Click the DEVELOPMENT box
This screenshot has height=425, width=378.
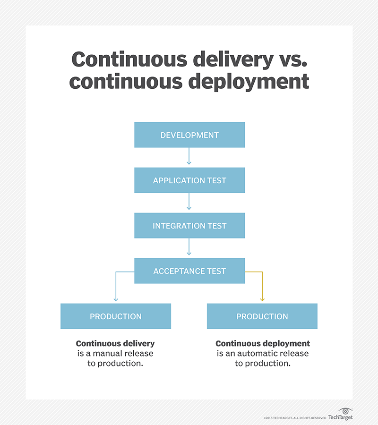point(189,135)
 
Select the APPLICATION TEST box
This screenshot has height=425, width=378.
point(189,180)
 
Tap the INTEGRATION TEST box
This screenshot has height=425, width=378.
point(189,226)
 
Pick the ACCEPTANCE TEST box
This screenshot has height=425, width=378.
point(189,271)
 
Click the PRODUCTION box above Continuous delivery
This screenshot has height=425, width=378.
point(115,316)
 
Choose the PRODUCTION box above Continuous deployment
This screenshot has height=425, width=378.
point(262,316)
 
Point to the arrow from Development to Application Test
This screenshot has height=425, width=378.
point(189,156)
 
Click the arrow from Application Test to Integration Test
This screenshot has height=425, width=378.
point(189,202)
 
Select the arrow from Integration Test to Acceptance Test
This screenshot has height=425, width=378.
point(189,247)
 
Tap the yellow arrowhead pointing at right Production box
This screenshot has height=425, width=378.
point(262,299)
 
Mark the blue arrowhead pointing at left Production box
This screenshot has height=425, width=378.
point(116,299)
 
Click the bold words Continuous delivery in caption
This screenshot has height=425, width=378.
point(115,344)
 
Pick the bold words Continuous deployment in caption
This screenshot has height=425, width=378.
point(263,344)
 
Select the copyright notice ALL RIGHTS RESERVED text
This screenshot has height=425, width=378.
point(311,418)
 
